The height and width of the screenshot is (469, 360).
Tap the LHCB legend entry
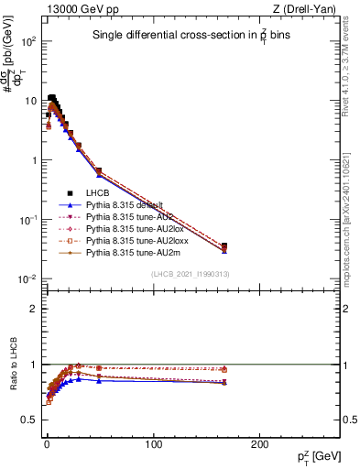tap(98, 193)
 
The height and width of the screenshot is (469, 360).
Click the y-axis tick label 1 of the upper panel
tap(33, 160)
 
